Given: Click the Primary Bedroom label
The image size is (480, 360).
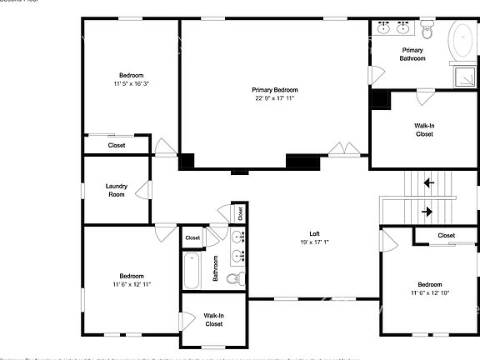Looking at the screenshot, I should (275, 89).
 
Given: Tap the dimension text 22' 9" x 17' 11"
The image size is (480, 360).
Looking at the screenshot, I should (275, 98).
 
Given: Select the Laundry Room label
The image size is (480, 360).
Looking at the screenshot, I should (117, 190).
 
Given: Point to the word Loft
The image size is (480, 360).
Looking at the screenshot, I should (314, 233).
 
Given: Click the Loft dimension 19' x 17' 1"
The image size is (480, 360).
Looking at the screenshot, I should (314, 242).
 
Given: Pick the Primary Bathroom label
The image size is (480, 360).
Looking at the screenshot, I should (412, 54).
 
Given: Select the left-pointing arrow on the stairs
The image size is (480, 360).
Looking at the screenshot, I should (429, 182).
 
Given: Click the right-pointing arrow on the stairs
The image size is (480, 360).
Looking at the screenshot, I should (427, 212).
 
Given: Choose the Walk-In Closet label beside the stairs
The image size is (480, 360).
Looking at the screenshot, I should (424, 129).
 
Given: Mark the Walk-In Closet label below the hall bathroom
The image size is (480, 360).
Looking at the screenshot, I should (213, 319).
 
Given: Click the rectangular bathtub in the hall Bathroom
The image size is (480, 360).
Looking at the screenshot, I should (191, 272).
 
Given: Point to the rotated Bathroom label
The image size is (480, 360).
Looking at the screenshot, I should (215, 267).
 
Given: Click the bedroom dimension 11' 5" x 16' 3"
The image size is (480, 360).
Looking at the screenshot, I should (132, 84).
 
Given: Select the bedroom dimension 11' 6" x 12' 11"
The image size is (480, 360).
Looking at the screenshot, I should (132, 284).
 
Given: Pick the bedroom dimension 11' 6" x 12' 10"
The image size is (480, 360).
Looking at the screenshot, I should (429, 292).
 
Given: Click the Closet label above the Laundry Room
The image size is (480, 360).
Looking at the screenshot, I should (117, 145).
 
